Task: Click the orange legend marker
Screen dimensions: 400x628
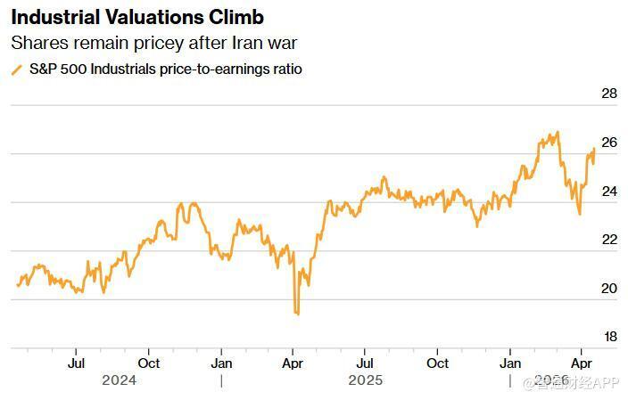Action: tap(16, 69)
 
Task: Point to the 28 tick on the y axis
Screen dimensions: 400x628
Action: tap(610, 94)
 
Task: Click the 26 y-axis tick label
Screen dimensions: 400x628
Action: tap(610, 143)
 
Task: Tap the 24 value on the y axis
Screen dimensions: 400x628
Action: tap(610, 191)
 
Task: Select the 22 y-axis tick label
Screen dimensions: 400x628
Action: tap(610, 240)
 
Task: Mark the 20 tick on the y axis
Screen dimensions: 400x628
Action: tap(610, 289)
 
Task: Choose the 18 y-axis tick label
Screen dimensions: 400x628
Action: tap(610, 337)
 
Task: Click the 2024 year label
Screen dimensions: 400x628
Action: tap(119, 380)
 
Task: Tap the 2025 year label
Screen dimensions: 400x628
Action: tap(366, 380)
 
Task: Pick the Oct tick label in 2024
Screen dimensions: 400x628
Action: tap(149, 363)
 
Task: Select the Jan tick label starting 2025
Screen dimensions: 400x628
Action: tap(221, 363)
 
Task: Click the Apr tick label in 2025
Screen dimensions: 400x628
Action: tap(293, 363)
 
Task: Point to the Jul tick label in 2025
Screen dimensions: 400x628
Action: tap(365, 363)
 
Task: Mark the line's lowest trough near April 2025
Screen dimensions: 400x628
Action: tap(297, 314)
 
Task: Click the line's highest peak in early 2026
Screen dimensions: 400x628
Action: tap(558, 133)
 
